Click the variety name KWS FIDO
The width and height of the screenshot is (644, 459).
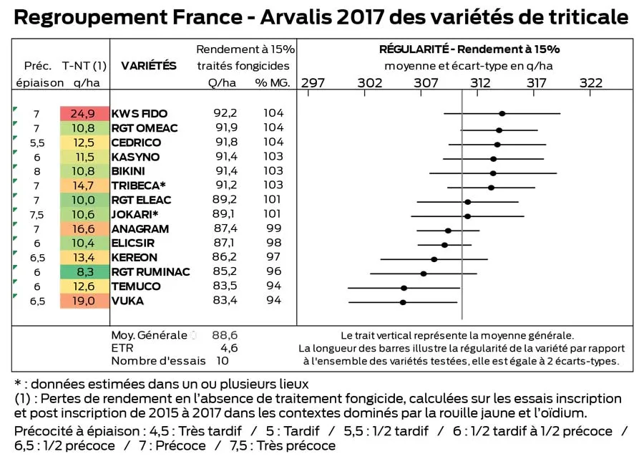140,114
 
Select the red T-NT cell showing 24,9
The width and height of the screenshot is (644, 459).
84,114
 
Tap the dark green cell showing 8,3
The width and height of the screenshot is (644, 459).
84,272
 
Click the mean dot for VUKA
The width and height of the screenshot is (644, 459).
403,302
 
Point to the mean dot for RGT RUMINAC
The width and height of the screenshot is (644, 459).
424,274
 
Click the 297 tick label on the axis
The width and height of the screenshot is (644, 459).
313,83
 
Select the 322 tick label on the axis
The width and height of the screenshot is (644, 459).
590,83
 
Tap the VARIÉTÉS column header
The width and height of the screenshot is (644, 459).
149,66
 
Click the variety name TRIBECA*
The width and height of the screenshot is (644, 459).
139,185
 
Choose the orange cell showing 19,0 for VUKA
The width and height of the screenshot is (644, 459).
84,301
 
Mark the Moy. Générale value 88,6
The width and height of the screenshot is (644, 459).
225,334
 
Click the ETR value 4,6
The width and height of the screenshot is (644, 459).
228,347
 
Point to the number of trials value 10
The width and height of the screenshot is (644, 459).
223,361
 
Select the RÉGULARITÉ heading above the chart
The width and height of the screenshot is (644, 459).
414,49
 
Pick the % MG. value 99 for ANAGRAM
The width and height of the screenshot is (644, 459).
274,228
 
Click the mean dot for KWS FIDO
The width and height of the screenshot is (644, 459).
502,113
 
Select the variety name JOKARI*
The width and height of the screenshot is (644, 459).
135,214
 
